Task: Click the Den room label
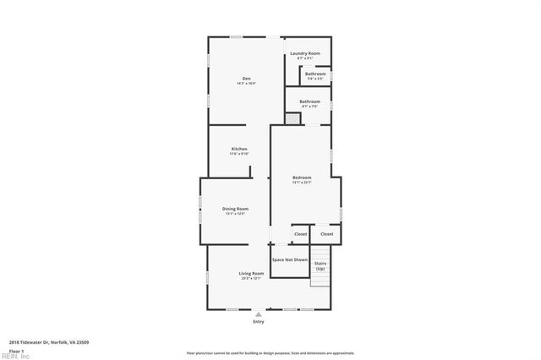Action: pos(246,79)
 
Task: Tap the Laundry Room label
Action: pos(305,53)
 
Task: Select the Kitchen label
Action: pos(239,149)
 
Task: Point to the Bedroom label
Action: pos(302,177)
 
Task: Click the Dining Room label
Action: pos(235,209)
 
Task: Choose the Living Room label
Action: pos(251,274)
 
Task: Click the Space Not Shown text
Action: pos(290,259)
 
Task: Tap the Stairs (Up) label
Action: pos(320,266)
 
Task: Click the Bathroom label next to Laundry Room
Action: pos(315,74)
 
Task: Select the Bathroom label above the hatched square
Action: pos(309,101)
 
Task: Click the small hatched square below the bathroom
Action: pos(292,119)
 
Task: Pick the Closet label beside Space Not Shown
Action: pos(300,234)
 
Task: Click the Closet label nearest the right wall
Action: pos(326,234)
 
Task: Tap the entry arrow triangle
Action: pos(259,314)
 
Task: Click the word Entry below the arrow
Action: pos(259,322)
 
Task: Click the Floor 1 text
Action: pos(15,350)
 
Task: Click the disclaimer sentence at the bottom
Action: pos(270,352)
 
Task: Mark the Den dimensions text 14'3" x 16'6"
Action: pos(246,84)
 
